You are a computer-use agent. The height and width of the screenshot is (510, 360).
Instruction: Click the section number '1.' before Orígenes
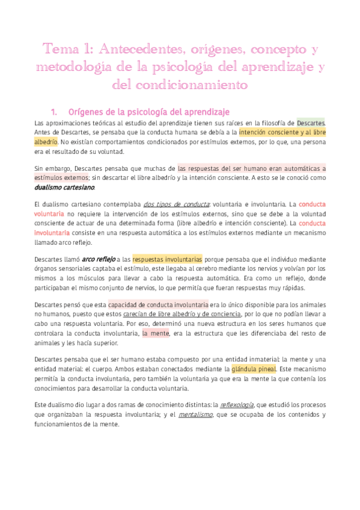pyautogui.click(x=55, y=112)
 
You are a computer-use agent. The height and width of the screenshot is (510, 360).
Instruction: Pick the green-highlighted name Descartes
pyautogui.click(x=311, y=123)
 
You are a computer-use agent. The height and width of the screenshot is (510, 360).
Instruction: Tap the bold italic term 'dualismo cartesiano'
pyautogui.click(x=64, y=188)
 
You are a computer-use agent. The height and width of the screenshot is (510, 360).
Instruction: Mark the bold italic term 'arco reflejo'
pyautogui.click(x=98, y=259)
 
